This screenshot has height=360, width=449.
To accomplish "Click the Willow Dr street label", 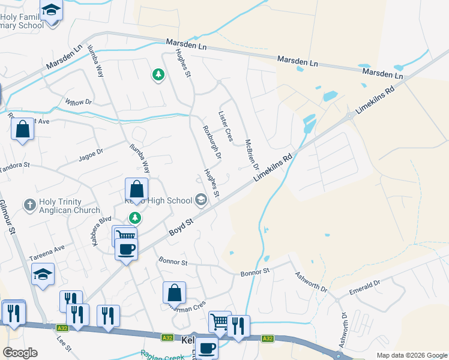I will point(79,102).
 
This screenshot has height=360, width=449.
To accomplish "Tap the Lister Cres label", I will point(225,127).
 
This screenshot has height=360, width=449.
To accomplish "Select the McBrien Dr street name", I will point(252,155).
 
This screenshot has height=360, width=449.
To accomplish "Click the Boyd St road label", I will point(181,227).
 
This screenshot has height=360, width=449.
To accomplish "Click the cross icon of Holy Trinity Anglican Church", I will point(29,205).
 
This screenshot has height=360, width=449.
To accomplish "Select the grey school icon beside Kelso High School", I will point(200,200).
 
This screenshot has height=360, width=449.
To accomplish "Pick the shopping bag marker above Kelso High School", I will point(137,188).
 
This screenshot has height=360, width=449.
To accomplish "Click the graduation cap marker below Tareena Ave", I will point(43,274).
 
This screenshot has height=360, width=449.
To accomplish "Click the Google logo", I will point(20,353).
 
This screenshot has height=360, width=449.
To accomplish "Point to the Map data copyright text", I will point(411,355).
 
